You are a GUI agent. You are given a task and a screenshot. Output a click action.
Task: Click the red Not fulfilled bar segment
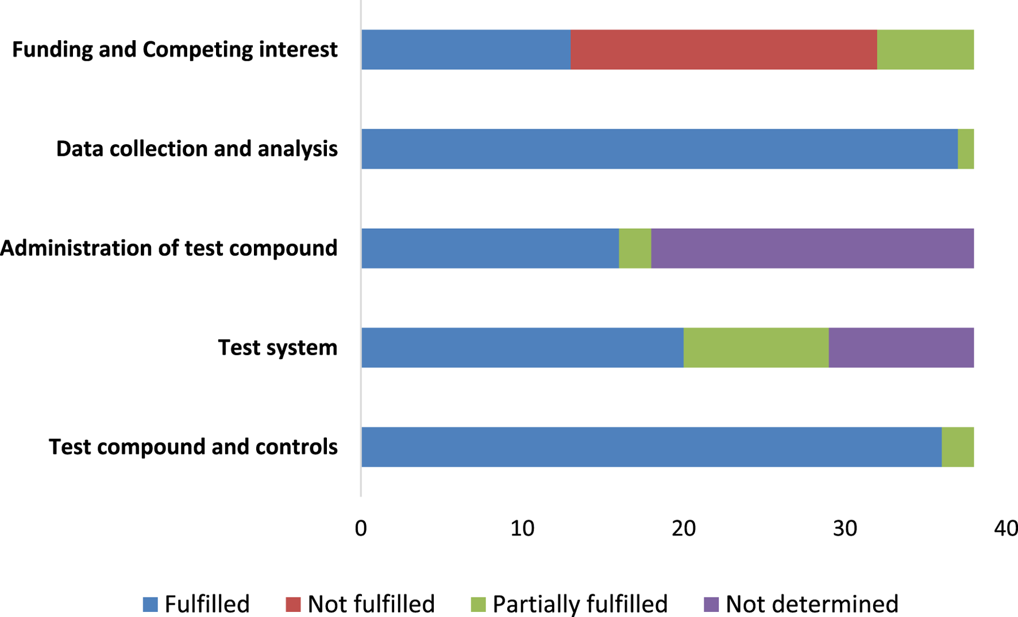[x=724, y=50]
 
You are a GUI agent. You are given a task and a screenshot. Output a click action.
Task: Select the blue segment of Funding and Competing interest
[x=466, y=50]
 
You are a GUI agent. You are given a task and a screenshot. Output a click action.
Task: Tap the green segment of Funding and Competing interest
[x=925, y=50]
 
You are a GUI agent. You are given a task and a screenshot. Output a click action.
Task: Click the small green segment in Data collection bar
[x=966, y=149]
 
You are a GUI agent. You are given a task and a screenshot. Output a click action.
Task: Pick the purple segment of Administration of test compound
[x=812, y=248]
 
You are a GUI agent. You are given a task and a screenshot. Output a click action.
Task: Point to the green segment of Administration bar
[x=635, y=248]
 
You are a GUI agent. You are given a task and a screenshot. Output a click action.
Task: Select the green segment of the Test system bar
[x=756, y=348]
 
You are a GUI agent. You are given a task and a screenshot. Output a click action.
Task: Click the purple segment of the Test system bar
[x=901, y=348]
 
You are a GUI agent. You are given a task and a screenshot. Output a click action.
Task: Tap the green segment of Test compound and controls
[x=958, y=447]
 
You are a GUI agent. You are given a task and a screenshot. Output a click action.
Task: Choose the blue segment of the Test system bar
[x=522, y=348]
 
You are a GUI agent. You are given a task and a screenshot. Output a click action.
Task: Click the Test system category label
[x=277, y=348]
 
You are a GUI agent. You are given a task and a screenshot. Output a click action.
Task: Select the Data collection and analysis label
[x=196, y=149]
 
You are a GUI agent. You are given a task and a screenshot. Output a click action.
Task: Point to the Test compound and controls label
[x=193, y=447]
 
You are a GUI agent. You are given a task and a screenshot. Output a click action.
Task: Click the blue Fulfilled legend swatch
[x=151, y=604]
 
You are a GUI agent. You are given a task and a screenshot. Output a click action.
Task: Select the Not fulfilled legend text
[x=371, y=604]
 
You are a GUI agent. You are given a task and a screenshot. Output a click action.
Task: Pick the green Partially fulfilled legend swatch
[x=478, y=604]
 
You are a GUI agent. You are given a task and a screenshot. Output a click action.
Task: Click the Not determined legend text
[x=812, y=604]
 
